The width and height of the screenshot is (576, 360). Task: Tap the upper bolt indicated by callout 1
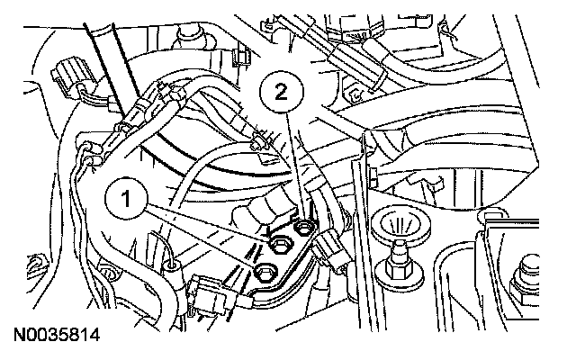(278, 241)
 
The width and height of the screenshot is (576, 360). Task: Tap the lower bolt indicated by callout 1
(265, 272)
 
